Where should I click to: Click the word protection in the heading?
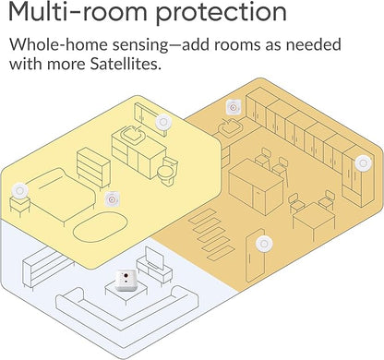[222, 13]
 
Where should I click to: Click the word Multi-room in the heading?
[78, 11]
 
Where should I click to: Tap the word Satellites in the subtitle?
[126, 64]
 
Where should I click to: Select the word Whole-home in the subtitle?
[58, 44]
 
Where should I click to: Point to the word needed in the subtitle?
[314, 44]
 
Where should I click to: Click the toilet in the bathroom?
[167, 171]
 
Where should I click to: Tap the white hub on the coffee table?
[126, 280]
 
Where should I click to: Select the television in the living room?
[155, 258]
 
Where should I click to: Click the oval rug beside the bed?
[101, 228]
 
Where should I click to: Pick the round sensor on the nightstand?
[20, 191]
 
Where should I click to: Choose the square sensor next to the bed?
[111, 199]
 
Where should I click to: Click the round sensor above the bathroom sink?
[163, 123]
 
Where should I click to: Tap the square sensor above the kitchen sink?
[233, 107]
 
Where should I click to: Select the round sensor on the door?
[264, 244]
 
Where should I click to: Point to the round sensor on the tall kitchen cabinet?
[363, 162]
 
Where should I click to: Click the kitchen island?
[256, 186]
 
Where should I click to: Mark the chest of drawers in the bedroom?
[93, 168]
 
